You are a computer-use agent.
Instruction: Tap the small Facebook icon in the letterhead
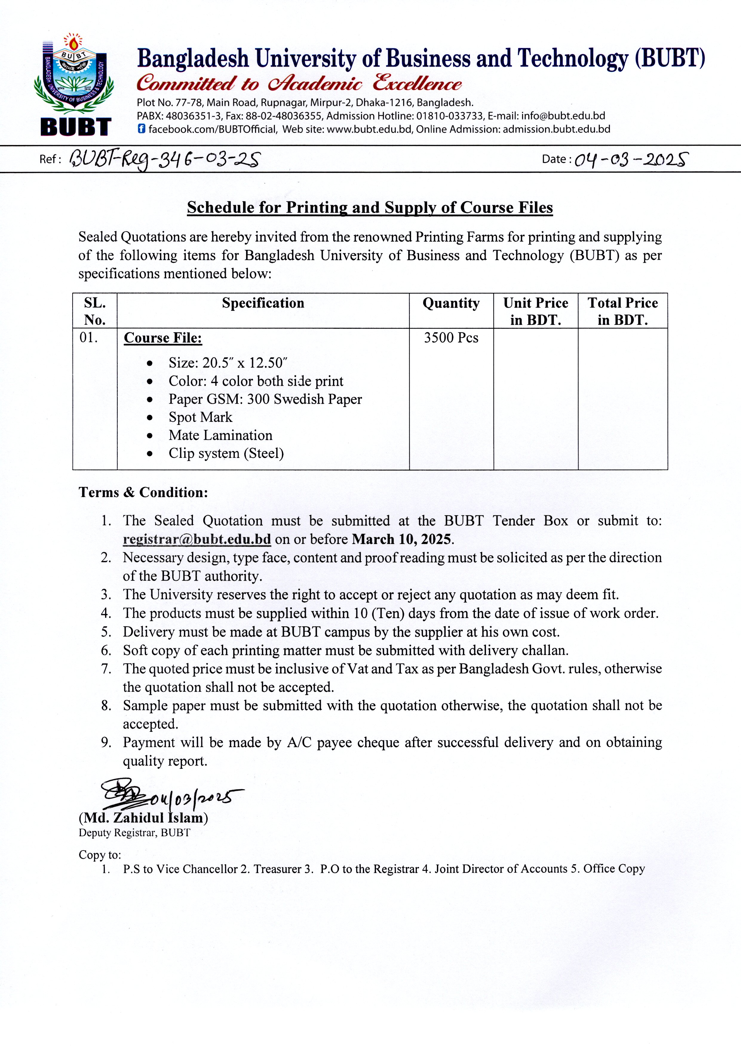(142, 129)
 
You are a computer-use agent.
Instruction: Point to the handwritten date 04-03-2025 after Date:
(631, 160)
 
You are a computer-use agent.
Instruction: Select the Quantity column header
(451, 303)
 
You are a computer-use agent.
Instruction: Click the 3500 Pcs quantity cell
(451, 338)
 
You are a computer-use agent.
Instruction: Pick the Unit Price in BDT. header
(536, 311)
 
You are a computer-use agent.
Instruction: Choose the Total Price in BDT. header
(622, 311)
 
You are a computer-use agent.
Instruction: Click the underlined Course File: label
(163, 338)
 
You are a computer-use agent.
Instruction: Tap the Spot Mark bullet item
(200, 417)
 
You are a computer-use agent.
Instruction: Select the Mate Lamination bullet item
(220, 436)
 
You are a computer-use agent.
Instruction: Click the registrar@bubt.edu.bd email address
(197, 539)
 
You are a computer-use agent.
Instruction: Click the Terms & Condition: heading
(143, 493)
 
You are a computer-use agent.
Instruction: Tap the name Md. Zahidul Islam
(143, 818)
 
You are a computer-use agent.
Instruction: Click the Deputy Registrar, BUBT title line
(134, 833)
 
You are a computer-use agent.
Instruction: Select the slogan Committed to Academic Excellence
(299, 84)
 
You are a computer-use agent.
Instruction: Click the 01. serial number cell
(89, 338)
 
